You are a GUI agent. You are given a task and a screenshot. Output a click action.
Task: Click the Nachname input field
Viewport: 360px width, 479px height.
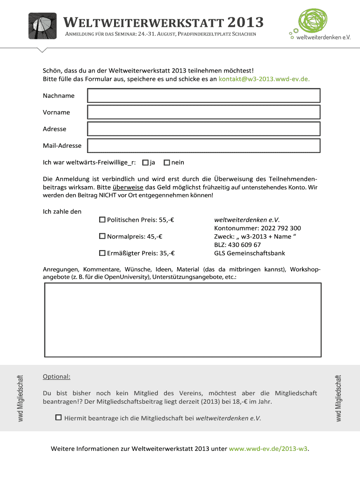[204, 96]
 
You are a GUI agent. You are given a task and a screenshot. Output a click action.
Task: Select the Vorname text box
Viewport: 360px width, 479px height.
[204, 112]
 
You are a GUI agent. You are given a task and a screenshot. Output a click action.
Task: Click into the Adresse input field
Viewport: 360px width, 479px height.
[204, 129]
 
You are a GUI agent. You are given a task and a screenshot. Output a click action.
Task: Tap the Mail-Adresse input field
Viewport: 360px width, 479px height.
[204, 145]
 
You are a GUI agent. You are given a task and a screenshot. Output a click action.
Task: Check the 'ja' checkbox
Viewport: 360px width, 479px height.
[145, 162]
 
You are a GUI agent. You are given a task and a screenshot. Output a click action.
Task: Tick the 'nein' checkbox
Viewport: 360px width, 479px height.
[167, 162]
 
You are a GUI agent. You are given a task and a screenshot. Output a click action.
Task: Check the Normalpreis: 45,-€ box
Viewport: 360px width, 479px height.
[102, 236]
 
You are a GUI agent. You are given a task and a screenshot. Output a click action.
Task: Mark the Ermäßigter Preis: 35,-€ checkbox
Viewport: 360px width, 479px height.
[102, 253]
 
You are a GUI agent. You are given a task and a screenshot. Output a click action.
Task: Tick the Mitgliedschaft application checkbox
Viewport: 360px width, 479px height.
[58, 417]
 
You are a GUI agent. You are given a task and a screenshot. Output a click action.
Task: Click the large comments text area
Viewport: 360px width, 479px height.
[183, 319]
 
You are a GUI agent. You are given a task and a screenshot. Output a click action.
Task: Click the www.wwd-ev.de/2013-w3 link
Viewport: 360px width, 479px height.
[268, 449]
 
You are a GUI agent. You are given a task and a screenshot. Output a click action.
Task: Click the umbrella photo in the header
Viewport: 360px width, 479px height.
[43, 26]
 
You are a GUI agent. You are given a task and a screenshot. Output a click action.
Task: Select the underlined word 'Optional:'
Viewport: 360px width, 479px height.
[57, 377]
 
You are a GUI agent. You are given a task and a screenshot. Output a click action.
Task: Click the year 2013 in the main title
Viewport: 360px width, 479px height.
[246, 22]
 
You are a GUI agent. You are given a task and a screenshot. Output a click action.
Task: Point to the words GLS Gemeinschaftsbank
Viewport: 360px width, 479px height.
[250, 253]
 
